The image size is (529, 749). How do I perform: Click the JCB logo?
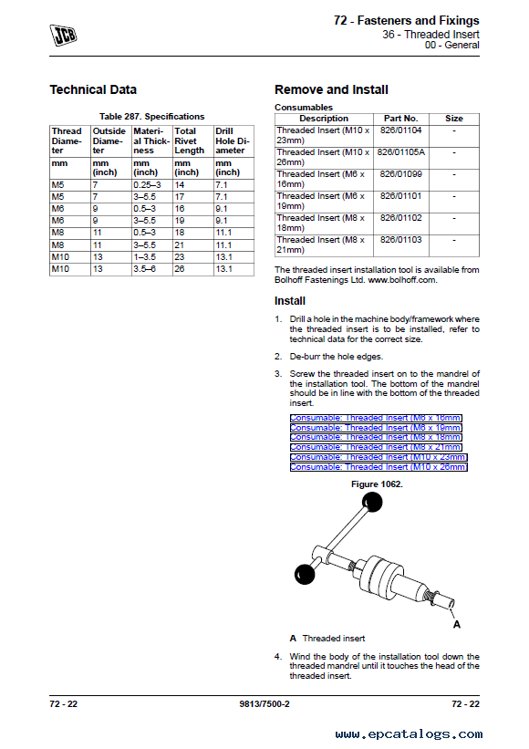point(63,35)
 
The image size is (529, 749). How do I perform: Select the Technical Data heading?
point(93,89)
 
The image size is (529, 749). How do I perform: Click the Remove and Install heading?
point(331,89)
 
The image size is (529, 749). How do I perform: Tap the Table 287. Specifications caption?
point(151,117)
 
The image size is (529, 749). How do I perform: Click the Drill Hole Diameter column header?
point(233,140)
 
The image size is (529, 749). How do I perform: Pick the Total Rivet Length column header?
point(190,140)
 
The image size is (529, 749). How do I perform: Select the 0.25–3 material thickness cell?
point(148,185)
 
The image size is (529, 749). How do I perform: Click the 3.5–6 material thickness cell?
point(145,269)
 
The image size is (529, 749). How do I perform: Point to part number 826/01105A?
point(401,152)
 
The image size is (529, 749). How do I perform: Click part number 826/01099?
point(401,174)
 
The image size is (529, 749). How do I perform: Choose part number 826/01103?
point(401,240)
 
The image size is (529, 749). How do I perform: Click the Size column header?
point(454,119)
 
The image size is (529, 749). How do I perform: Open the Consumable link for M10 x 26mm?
point(379,467)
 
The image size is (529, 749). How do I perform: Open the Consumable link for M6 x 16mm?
point(376,418)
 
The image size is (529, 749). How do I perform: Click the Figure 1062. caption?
point(377,484)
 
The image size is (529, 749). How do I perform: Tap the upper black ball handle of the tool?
point(372,502)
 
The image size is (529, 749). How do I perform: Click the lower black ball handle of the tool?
point(305,574)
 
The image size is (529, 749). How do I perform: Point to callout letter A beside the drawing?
point(457,624)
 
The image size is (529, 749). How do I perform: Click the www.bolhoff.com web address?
point(401,280)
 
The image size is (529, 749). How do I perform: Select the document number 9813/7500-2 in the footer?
point(264,703)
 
